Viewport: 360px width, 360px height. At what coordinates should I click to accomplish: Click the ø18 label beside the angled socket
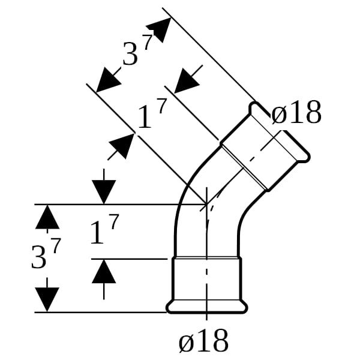coord(296,113)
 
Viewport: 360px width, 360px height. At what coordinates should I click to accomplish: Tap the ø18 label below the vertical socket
coord(203,341)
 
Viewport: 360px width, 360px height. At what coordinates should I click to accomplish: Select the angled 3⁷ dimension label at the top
coord(137,50)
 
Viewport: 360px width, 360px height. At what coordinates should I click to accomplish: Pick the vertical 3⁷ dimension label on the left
coord(46,253)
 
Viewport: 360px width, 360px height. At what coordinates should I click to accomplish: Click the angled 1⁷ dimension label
coord(152,113)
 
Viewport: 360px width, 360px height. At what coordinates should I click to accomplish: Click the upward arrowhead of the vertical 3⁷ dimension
coord(47,217)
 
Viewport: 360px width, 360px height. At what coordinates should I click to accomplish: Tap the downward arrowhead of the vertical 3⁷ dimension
coord(47,299)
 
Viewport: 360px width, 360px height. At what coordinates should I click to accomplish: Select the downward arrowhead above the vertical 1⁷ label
coord(104,192)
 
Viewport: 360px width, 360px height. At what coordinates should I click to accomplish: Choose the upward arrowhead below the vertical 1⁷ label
coord(104,271)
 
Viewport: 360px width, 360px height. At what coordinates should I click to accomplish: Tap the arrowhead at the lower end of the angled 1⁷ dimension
coord(122,146)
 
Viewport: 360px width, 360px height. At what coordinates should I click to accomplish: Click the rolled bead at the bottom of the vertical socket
coord(206,307)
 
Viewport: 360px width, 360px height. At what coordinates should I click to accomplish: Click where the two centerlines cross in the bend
coord(206,204)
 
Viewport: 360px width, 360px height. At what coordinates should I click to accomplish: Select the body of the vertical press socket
coord(206,279)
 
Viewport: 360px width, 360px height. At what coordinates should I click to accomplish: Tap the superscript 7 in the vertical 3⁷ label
coord(56,245)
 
